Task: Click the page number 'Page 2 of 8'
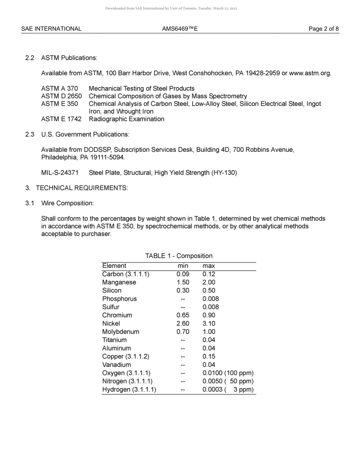click(x=324, y=29)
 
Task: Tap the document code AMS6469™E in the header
click(x=180, y=29)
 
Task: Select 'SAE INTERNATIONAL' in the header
click(x=51, y=29)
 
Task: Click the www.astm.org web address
click(x=310, y=73)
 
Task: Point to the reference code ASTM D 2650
click(x=61, y=96)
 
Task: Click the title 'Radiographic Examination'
click(x=127, y=119)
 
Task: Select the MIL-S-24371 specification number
click(x=60, y=173)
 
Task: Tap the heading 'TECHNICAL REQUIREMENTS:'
click(x=82, y=188)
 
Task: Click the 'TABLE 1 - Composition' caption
click(x=179, y=256)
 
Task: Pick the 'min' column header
click(x=183, y=266)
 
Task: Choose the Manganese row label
click(x=119, y=282)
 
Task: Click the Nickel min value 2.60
click(x=183, y=324)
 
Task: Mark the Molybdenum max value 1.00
click(x=209, y=332)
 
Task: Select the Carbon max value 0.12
click(x=209, y=274)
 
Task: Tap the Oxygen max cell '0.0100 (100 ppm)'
click(x=228, y=373)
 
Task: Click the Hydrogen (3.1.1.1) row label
click(x=129, y=389)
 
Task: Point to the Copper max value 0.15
click(x=209, y=357)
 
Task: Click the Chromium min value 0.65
click(x=183, y=315)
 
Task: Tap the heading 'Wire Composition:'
click(x=67, y=203)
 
